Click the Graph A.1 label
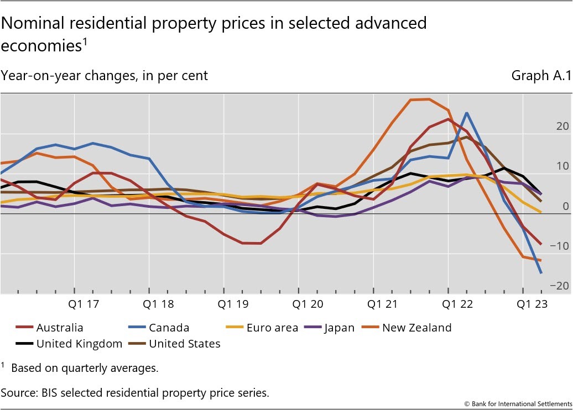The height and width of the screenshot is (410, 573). [x=540, y=76]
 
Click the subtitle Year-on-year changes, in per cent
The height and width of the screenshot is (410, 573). [x=105, y=76]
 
